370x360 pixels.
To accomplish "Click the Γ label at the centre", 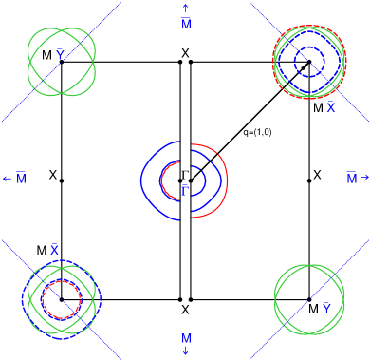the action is (185, 190).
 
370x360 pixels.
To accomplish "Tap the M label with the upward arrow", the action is (186, 23).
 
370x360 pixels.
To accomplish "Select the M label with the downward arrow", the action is (186, 338).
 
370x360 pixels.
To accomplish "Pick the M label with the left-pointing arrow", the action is (21, 179).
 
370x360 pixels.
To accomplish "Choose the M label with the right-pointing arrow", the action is (351, 179).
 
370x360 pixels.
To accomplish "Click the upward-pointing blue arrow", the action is (186, 8).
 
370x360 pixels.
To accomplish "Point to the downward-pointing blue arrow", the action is (186, 352).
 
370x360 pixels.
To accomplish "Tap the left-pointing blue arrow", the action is (7, 179).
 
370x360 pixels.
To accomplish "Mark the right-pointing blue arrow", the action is (364, 178).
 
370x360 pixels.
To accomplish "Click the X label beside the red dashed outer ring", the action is (331, 107).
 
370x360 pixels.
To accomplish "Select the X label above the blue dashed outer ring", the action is (55, 249).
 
